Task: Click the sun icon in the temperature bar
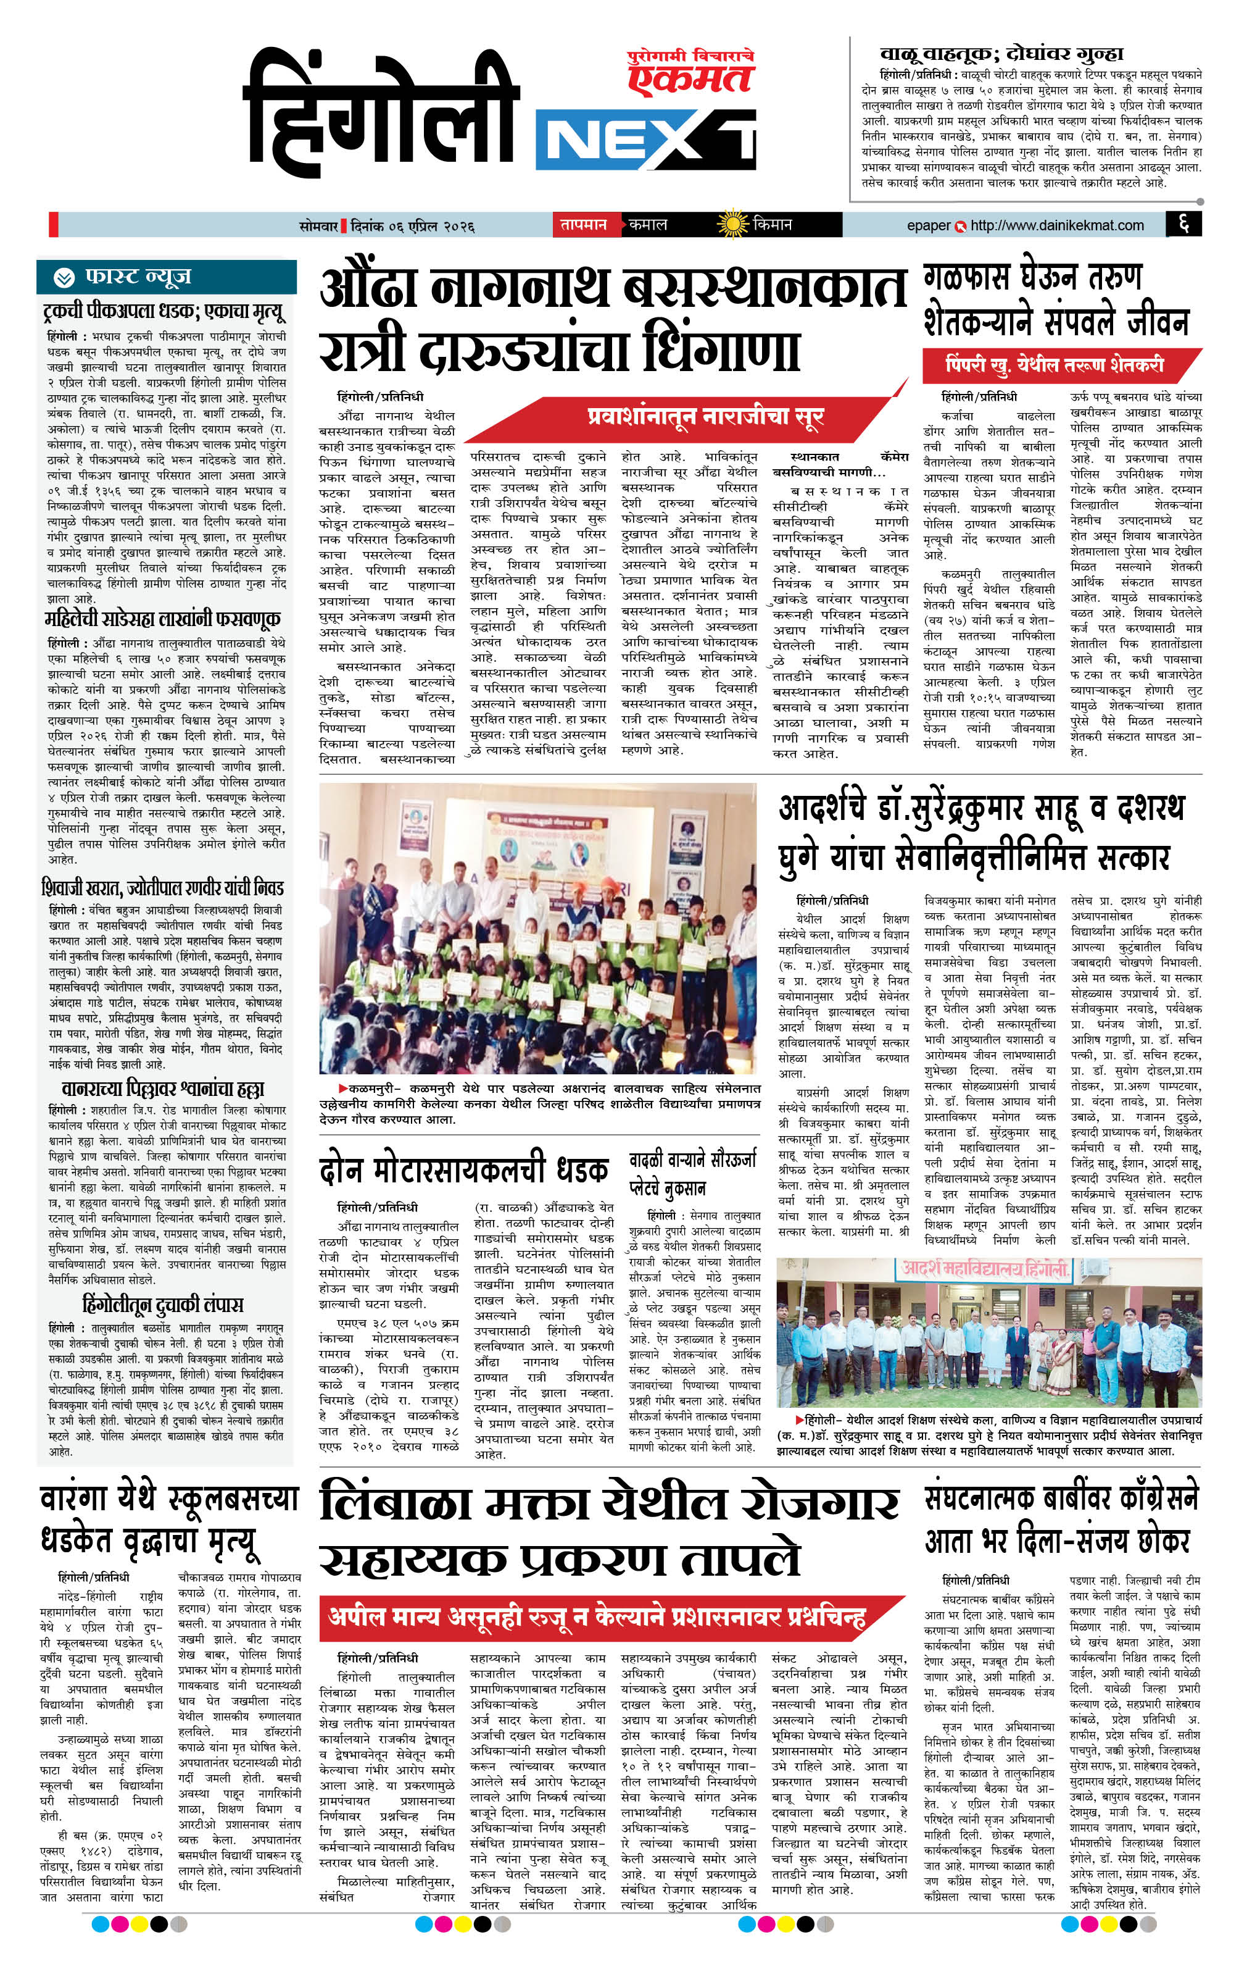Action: (731, 224)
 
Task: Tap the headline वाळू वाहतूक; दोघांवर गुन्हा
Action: (1001, 54)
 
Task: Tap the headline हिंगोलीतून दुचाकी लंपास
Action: (163, 1303)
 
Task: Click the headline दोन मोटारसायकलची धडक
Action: (463, 1170)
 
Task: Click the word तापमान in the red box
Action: (582, 224)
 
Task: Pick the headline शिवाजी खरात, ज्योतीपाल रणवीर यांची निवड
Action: (163, 888)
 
